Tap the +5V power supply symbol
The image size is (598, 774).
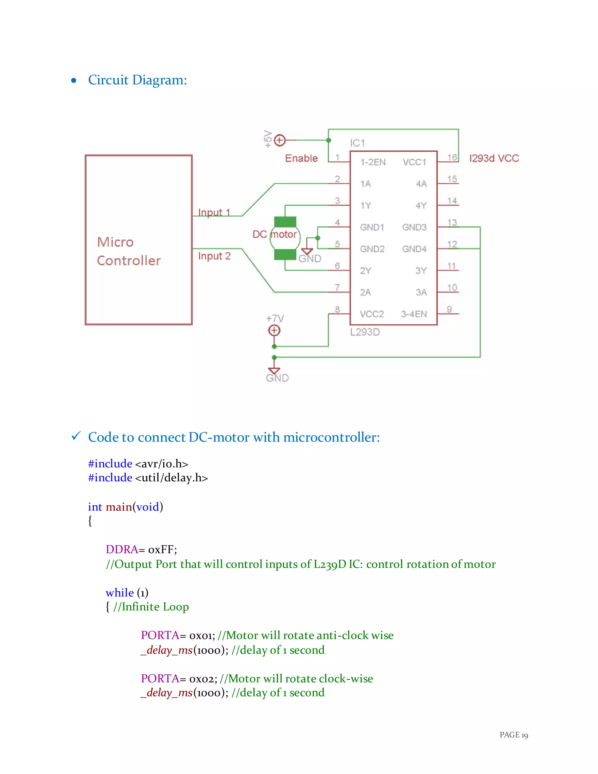pyautogui.click(x=280, y=140)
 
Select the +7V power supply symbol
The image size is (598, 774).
pyautogui.click(x=274, y=331)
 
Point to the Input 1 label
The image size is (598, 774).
pyautogui.click(x=214, y=212)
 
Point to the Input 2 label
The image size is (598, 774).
pyautogui.click(x=214, y=256)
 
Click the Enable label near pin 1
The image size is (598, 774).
pyautogui.click(x=301, y=158)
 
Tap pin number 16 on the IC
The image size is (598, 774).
pyautogui.click(x=452, y=157)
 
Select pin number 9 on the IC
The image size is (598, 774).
pyautogui.click(x=449, y=309)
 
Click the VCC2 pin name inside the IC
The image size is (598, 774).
pyautogui.click(x=372, y=314)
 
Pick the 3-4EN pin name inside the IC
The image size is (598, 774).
pyautogui.click(x=414, y=314)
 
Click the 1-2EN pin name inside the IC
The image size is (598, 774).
pyautogui.click(x=373, y=162)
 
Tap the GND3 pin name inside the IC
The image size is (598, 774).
pyautogui.click(x=414, y=227)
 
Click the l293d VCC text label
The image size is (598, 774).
pyautogui.click(x=494, y=158)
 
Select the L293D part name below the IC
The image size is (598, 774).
pyautogui.click(x=365, y=332)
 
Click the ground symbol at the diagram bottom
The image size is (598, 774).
pyautogui.click(x=274, y=370)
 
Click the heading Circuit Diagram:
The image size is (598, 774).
pyautogui.click(x=138, y=80)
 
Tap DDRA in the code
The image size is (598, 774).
pyautogui.click(x=121, y=549)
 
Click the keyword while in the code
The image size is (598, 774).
pyautogui.click(x=120, y=593)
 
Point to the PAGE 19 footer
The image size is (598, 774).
pyautogui.click(x=513, y=735)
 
